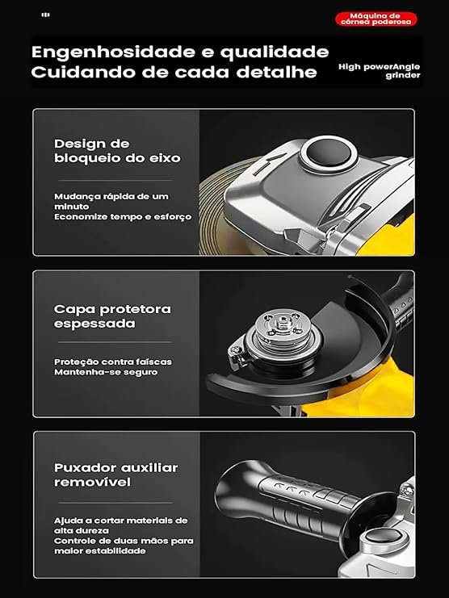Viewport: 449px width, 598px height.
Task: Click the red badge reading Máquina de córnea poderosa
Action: pos(376,19)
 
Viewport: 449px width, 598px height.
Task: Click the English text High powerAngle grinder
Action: pos(380,71)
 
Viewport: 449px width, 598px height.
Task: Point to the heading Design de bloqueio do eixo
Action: pos(117,151)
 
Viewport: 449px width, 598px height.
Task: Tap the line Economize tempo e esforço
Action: pos(123,216)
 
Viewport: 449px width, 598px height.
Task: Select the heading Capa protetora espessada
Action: pos(112,316)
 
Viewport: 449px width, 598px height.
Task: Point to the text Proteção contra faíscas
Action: pos(113,362)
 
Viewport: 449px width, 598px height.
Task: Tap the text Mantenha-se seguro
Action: pos(106,372)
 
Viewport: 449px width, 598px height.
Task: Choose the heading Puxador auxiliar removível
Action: pos(116,475)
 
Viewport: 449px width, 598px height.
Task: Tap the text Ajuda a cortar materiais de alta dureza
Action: pos(121,525)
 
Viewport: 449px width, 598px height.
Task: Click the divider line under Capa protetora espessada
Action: pos(115,342)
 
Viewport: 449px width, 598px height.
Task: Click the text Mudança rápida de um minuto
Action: pos(111,202)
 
